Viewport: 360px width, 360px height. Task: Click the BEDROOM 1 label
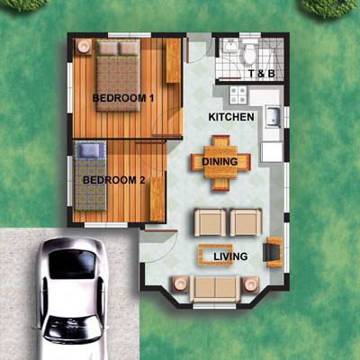coord(123,98)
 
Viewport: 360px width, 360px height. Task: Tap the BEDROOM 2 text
coord(114,180)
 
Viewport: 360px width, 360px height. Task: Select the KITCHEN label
coord(231,117)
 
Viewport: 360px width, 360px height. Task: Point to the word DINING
coord(220,162)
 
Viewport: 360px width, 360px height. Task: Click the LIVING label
coord(230,256)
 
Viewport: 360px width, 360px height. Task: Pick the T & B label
coord(262,74)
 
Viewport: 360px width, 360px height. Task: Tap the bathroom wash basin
coord(230,46)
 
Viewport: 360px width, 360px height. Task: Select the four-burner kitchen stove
coord(238,94)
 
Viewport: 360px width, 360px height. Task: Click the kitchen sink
coord(273,117)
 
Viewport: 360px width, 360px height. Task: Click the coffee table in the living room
coord(215,255)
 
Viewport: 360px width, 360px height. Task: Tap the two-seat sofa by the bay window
coord(215,289)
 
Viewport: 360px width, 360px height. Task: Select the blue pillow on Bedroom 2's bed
coord(90,150)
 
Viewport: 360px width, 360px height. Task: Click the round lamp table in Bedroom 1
coord(84,47)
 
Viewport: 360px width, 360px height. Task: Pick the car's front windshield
coord(72,264)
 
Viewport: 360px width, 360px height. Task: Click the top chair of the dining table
coord(221,141)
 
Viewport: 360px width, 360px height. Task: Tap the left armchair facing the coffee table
coord(211,222)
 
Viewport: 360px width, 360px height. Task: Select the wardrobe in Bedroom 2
coord(157,199)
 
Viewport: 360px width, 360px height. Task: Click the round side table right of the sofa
coord(251,284)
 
